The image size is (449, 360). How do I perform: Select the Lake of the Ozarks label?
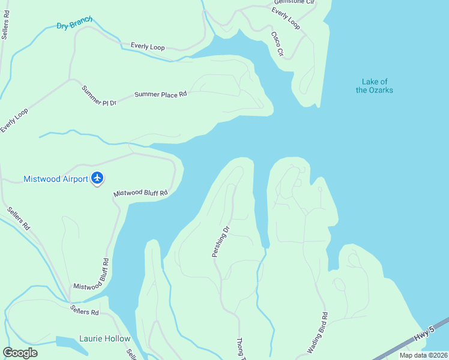coord(375,86)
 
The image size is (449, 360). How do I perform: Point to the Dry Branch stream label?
coord(74,24)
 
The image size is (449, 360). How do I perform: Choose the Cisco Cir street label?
coord(277,44)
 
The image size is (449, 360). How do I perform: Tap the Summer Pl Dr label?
coord(99,95)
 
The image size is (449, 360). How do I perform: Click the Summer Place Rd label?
coord(160,94)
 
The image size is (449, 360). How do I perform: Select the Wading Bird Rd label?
coord(318,332)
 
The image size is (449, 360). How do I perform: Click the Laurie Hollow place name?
coord(104,338)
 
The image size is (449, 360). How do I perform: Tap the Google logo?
coord(20,352)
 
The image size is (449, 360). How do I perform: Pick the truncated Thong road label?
coord(241,348)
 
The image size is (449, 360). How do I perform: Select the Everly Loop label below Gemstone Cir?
coord(286,19)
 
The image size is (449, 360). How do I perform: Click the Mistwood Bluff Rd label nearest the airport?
coord(140,193)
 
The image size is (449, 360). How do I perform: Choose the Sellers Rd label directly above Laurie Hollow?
coord(84,311)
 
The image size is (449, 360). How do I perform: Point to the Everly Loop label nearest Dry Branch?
coord(148,46)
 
